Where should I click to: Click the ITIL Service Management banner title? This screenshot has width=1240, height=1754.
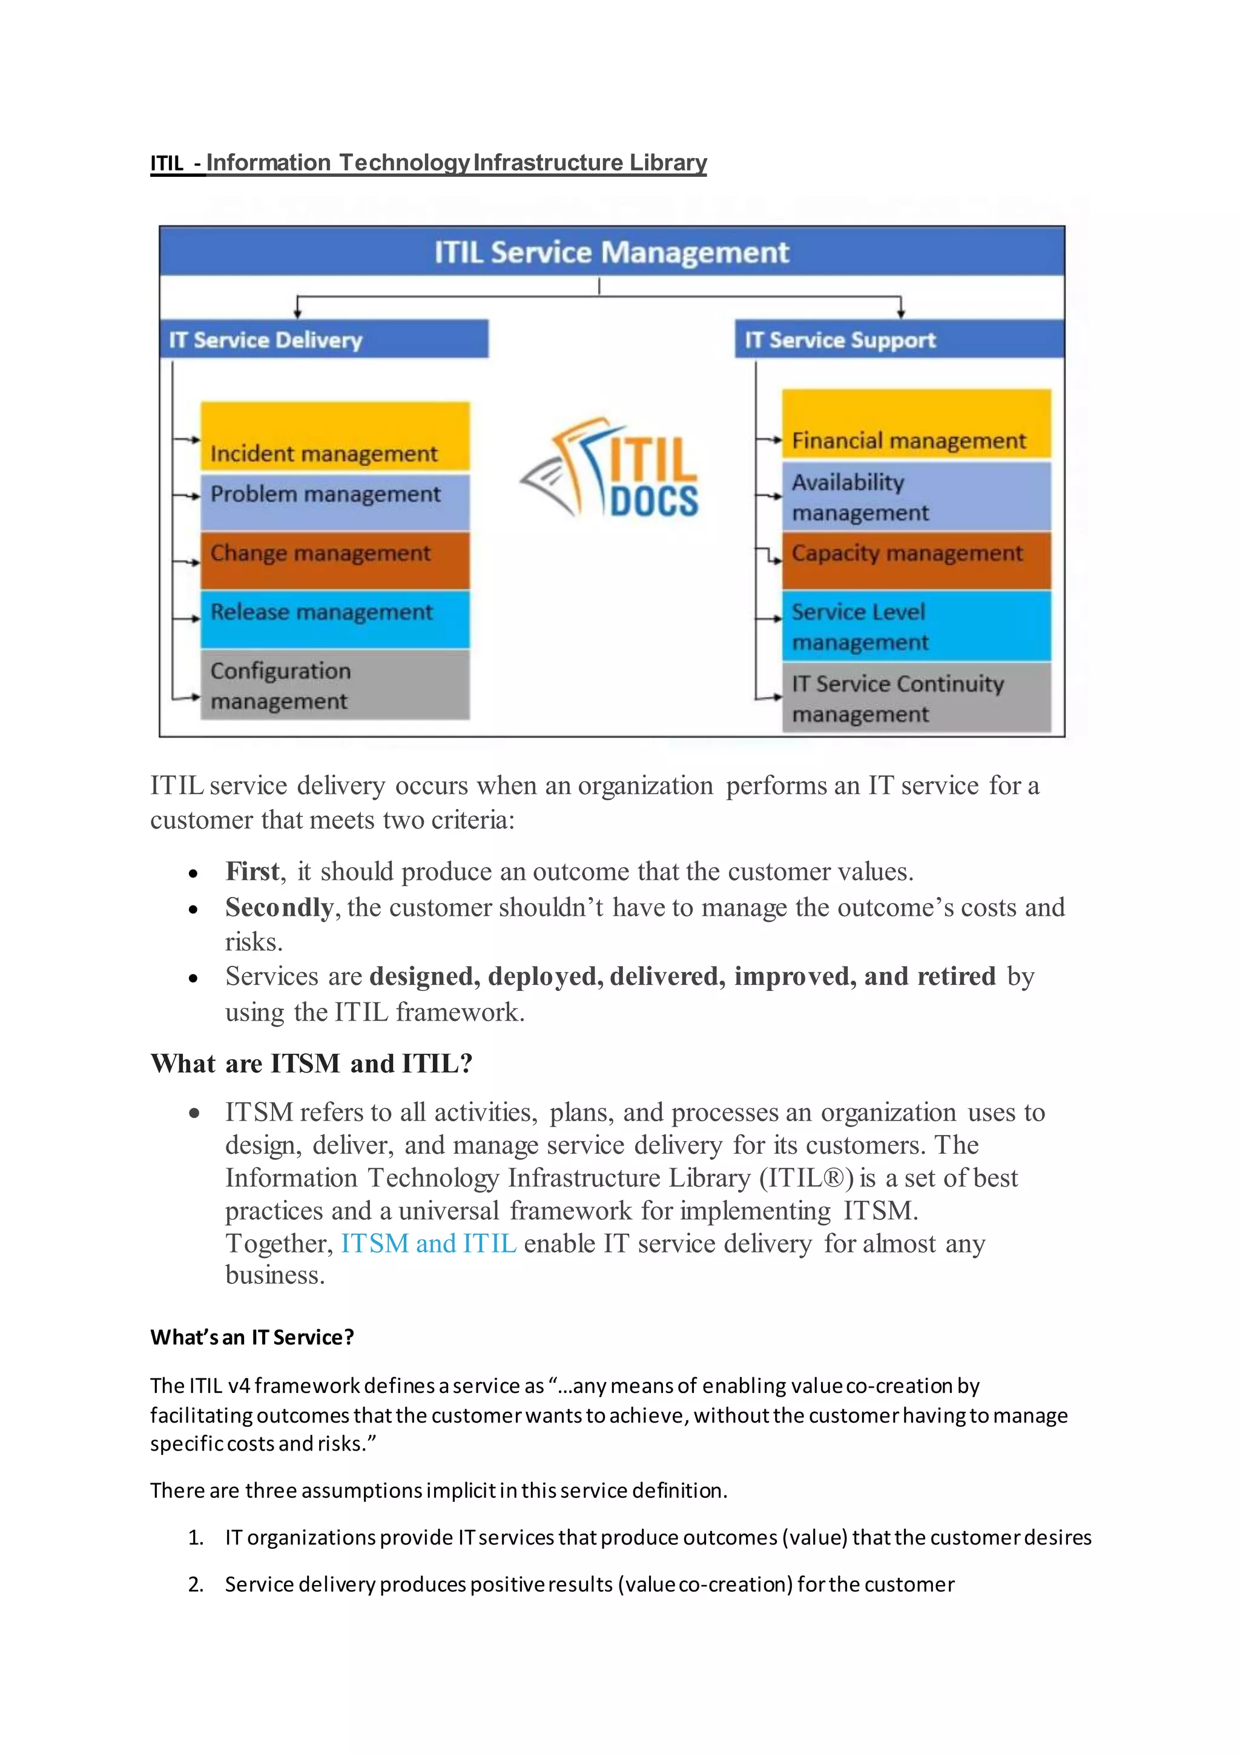pos(611,252)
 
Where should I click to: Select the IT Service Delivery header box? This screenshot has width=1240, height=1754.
pos(325,339)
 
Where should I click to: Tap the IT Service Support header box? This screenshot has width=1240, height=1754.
pos(899,339)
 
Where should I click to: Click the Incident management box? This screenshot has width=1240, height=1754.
pos(334,437)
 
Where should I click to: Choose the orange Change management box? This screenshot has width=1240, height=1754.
pos(334,560)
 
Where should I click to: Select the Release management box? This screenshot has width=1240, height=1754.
pos(334,619)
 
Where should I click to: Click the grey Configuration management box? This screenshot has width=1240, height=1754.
pos(334,684)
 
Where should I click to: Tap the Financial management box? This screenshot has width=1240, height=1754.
pos(916,425)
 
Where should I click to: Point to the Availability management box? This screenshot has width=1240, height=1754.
pos(916,497)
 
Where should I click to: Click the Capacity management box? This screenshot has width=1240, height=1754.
pos(916,560)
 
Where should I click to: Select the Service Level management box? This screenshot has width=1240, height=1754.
pos(916,626)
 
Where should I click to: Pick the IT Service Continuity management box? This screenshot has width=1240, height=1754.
pos(916,698)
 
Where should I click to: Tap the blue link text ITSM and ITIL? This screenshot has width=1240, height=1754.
pos(428,1243)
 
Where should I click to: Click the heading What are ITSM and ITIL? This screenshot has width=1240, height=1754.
pos(312,1064)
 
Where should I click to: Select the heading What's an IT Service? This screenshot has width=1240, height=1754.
pos(252,1337)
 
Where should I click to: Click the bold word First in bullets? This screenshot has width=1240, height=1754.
pos(252,872)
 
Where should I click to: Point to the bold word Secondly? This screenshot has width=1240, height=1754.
pos(280,907)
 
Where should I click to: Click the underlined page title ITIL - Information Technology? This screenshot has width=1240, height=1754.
pos(428,163)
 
